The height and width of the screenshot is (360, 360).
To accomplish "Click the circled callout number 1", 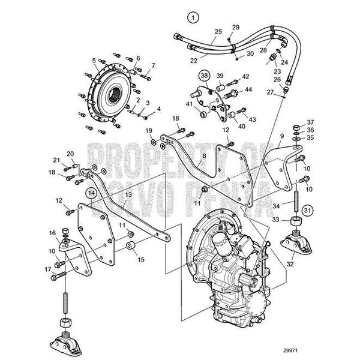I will point(191,17).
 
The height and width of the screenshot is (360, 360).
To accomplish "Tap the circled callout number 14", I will point(90,193).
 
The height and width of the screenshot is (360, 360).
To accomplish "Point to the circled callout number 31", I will point(307,210).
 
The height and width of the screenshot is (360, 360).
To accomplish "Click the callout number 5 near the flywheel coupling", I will point(94,60).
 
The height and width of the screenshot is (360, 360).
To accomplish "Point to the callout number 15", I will point(142,260).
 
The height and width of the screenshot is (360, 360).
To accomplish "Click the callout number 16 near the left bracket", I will point(52,233).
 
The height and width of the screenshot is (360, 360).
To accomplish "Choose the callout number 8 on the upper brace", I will point(203,155).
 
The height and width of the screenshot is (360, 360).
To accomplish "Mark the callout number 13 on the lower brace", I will point(127,194).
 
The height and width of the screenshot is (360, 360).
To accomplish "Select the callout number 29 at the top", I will point(235,27).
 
